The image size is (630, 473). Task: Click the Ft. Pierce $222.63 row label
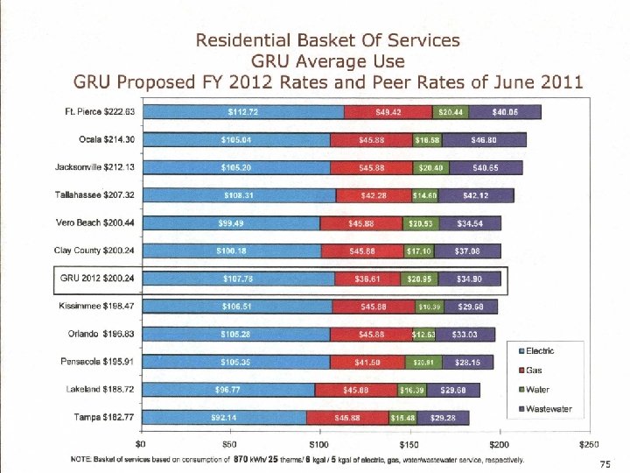100,112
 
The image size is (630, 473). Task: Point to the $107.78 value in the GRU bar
239,279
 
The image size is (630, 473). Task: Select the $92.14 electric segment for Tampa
225,417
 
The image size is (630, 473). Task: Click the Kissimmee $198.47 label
101,307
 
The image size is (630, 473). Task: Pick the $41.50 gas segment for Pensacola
367,362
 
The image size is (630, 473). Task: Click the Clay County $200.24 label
96,251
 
